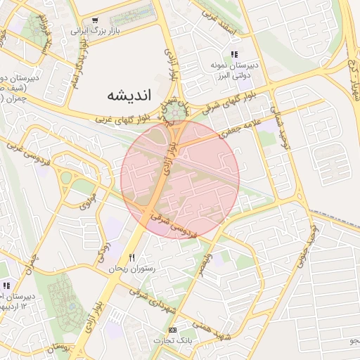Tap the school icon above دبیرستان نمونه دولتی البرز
(x=234, y=54)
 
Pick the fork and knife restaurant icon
(x=131, y=257)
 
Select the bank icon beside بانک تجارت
(x=173, y=330)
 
